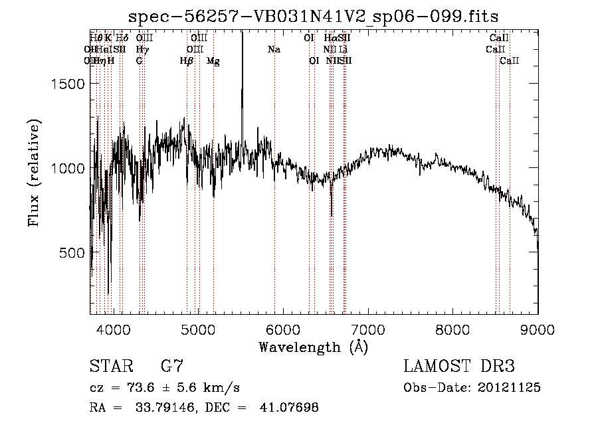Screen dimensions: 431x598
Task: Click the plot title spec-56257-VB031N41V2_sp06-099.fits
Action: (x=314, y=17)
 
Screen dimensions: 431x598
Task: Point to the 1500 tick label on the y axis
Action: (x=68, y=84)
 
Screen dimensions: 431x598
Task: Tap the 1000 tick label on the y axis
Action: (x=68, y=168)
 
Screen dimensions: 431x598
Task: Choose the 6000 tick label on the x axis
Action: (x=284, y=329)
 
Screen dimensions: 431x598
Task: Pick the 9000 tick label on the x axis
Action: (x=538, y=329)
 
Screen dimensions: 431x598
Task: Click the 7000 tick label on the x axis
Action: (x=368, y=329)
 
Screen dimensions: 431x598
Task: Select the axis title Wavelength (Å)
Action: (x=313, y=347)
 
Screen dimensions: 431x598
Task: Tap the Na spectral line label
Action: (x=274, y=49)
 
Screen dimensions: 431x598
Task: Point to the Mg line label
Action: (x=213, y=60)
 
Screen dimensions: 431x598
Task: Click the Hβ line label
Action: (x=187, y=60)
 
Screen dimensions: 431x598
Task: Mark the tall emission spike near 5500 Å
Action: (x=242, y=66)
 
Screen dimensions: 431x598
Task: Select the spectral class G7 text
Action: (x=171, y=367)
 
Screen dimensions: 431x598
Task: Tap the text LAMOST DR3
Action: (x=459, y=367)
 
